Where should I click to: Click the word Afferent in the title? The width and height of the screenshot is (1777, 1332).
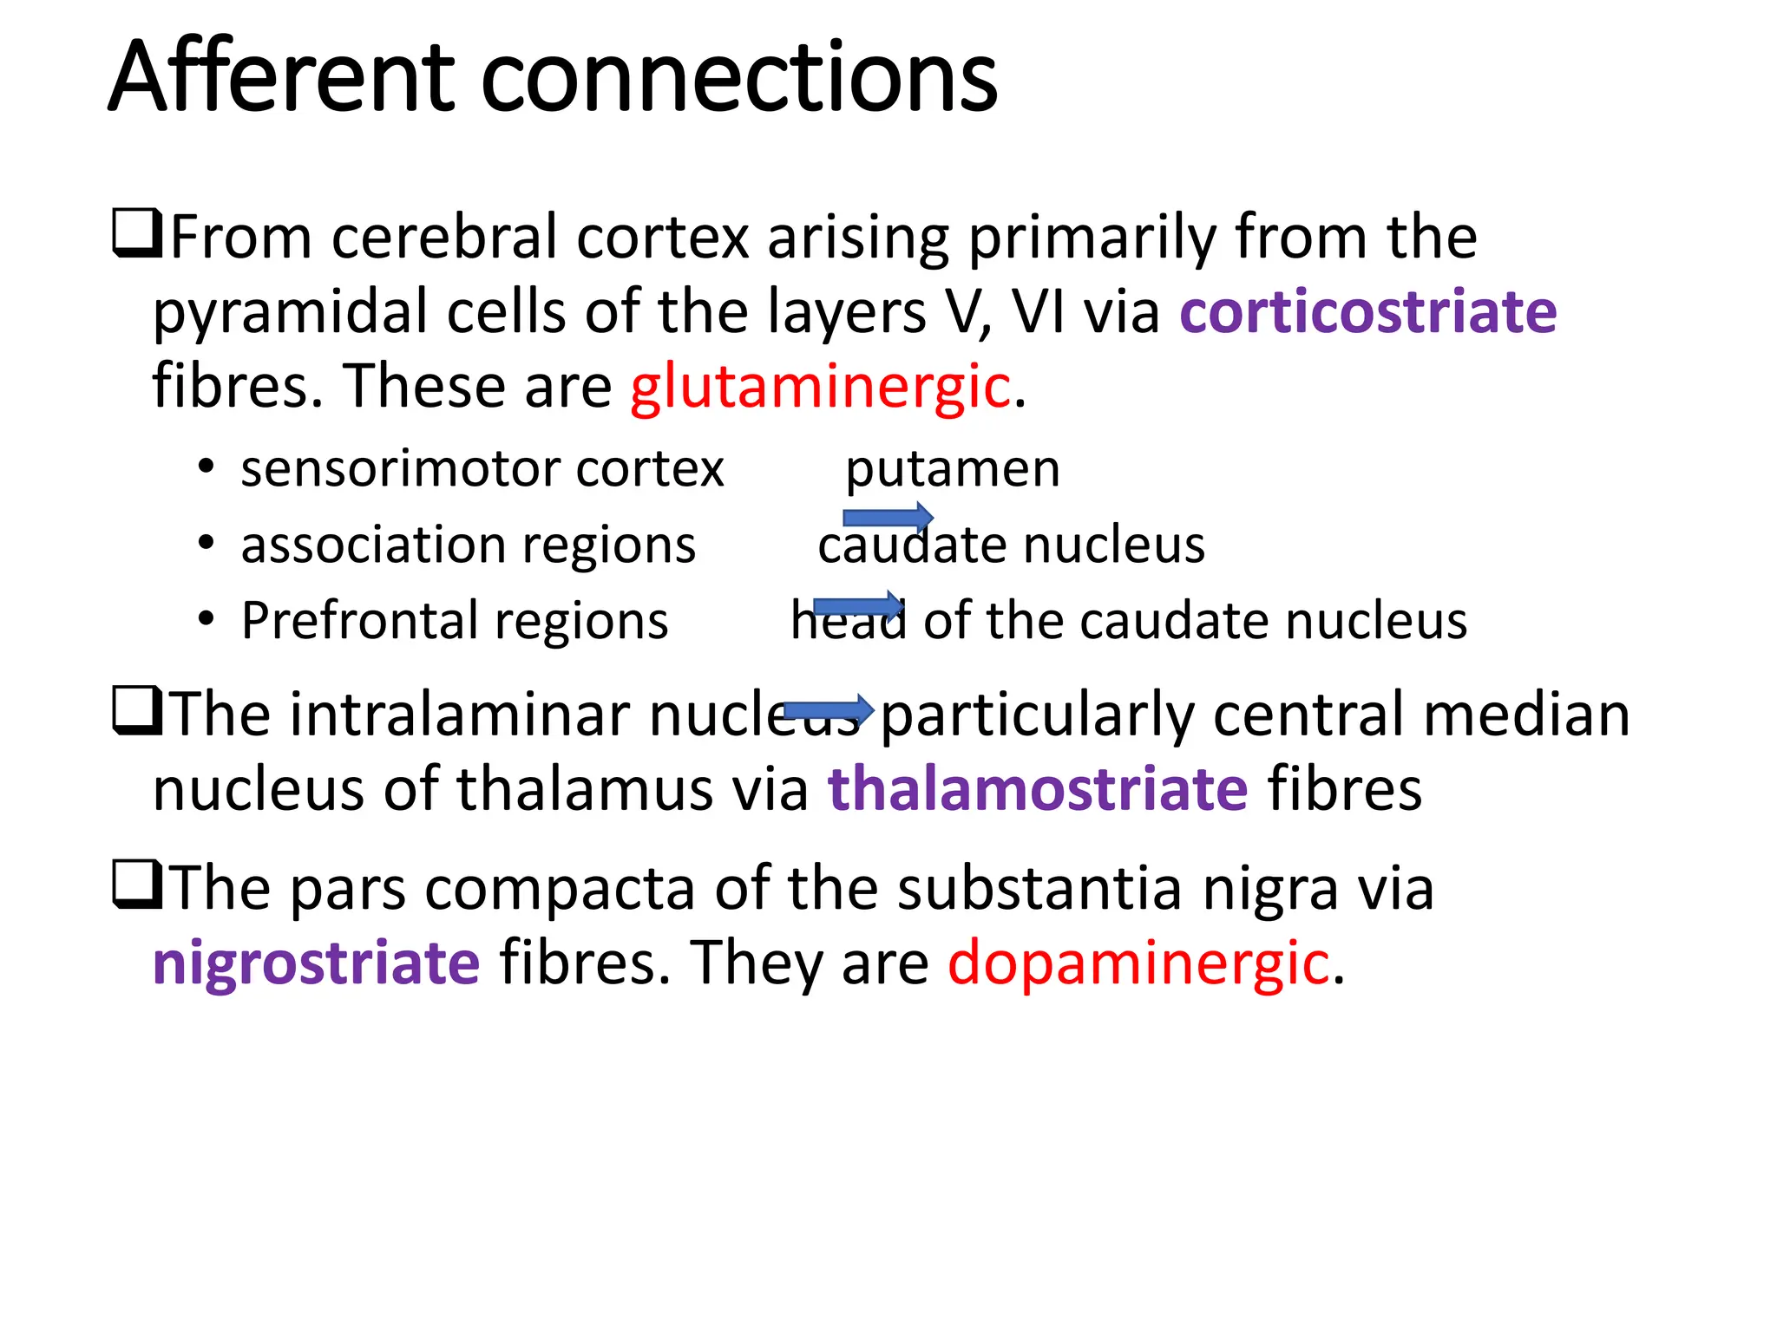(282, 78)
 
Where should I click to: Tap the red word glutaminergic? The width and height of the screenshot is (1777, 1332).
(820, 387)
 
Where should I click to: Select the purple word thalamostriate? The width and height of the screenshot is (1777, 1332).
(1038, 789)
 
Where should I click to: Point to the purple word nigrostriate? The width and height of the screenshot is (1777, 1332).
(316, 963)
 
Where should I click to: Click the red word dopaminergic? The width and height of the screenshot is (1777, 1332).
(1138, 963)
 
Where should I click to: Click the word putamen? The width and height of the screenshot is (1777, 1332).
(953, 470)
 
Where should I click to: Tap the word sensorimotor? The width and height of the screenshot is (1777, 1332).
(402, 470)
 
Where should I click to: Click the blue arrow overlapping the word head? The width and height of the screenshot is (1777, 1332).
(857, 605)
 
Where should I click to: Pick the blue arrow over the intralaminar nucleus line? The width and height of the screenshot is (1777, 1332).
(828, 710)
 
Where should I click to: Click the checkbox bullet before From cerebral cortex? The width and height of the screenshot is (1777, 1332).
(136, 234)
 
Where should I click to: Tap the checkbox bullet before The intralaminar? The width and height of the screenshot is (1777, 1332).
(136, 711)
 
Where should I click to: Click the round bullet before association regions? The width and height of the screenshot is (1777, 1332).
(206, 545)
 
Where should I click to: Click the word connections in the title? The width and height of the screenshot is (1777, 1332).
(738, 78)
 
